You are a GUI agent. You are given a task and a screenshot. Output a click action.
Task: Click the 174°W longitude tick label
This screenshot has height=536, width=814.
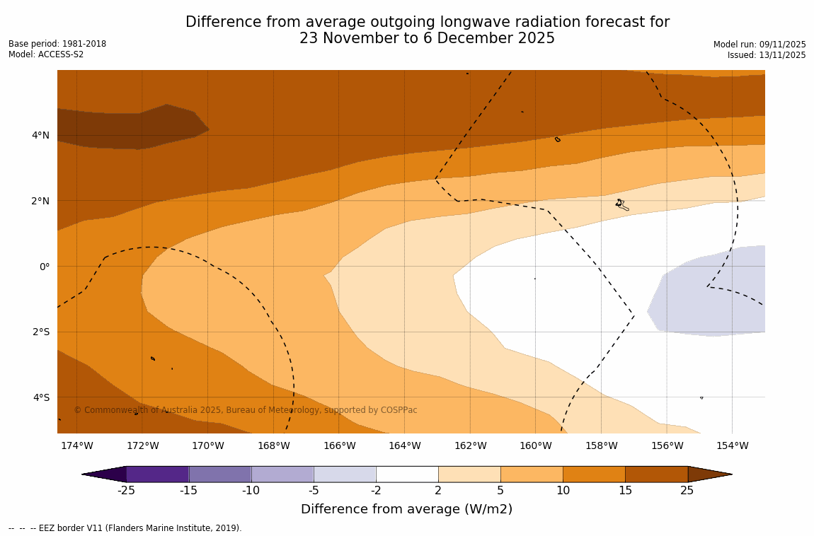pos(76,445)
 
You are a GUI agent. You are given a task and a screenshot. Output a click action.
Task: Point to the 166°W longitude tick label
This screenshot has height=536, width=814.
pos(339,445)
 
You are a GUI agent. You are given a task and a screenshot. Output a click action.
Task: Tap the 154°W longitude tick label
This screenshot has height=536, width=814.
pos(732,445)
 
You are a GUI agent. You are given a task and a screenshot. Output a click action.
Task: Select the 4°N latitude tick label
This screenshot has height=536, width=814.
pos(41,135)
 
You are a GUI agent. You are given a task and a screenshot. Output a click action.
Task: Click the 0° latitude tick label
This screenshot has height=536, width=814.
pos(44,267)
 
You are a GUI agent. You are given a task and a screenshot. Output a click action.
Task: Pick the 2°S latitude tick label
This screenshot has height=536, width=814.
pos(41,332)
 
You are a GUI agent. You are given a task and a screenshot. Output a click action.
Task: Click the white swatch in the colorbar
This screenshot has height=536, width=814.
pos(407,474)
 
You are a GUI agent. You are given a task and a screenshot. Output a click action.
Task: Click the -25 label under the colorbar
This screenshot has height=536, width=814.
pos(126,491)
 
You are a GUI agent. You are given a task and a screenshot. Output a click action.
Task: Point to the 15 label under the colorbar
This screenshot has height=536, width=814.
pos(625,491)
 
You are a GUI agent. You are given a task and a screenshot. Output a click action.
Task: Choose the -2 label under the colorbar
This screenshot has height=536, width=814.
pos(376,491)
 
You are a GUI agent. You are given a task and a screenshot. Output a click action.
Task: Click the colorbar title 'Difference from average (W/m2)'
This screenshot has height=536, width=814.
pos(406,509)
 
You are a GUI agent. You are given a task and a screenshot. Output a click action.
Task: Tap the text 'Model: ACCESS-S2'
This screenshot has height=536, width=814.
pos(46,54)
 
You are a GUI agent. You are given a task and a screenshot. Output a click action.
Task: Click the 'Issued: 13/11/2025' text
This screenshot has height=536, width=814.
pos(767,55)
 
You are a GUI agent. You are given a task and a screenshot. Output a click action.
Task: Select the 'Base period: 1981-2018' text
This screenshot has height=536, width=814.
pos(57,44)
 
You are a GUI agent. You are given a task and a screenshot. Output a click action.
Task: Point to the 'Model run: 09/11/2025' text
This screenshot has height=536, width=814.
pos(759,45)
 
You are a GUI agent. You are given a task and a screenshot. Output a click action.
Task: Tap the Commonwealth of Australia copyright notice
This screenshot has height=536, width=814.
pos(246,410)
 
